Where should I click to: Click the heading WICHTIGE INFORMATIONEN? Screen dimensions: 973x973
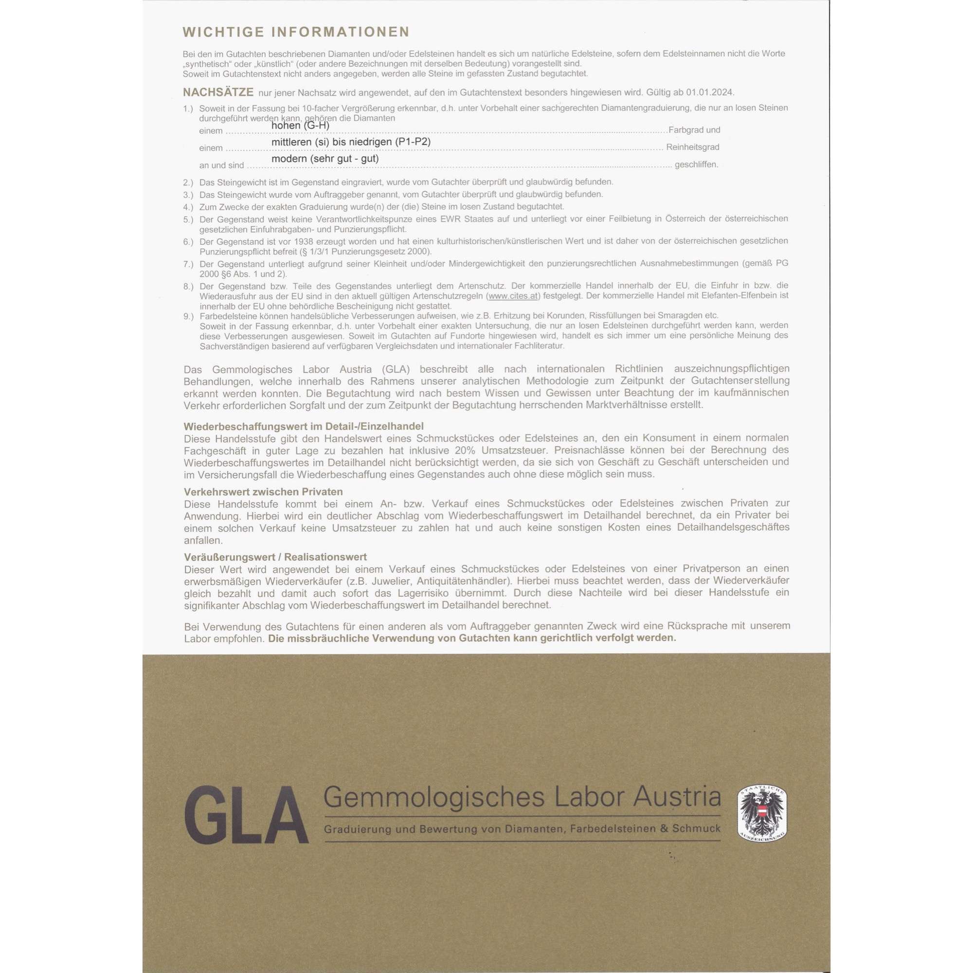(x=296, y=32)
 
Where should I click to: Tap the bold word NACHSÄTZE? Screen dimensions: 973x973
(x=218, y=92)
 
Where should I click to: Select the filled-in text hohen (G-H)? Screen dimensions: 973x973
(x=300, y=125)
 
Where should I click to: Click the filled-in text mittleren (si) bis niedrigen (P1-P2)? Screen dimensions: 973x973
(x=350, y=142)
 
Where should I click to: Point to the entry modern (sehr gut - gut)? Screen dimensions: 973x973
(x=325, y=159)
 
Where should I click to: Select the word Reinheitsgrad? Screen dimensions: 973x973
(x=692, y=147)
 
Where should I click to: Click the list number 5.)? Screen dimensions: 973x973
(x=188, y=219)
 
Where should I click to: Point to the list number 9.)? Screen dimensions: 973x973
(x=188, y=316)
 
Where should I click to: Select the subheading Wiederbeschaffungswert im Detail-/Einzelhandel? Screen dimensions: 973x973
(x=304, y=427)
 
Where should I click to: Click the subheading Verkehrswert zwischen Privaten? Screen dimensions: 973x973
(x=263, y=491)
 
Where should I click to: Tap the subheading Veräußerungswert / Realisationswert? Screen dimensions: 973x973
(x=275, y=557)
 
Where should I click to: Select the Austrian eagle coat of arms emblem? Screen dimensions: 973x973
(x=762, y=813)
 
